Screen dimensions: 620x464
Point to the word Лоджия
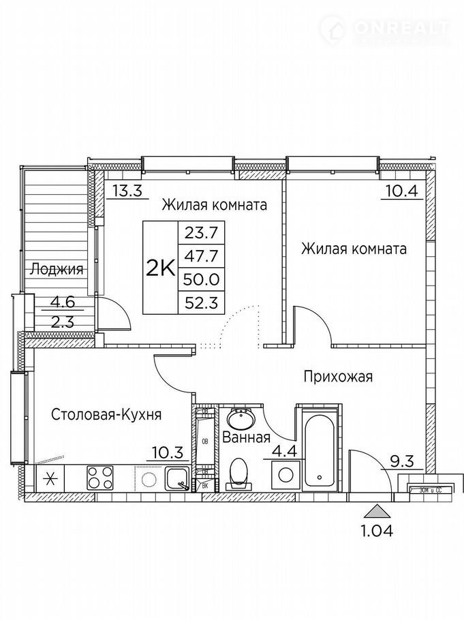pos(56,269)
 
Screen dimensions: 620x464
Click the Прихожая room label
pos(338,376)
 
